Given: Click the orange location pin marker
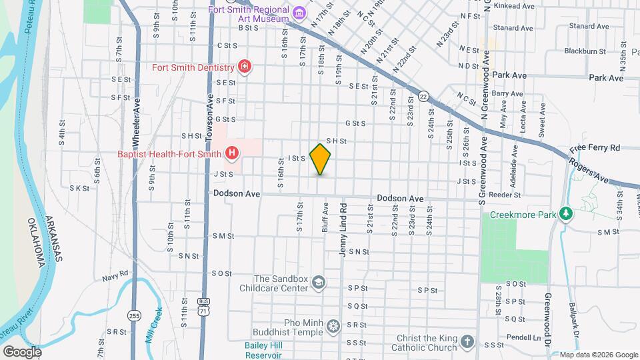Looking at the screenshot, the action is click(x=321, y=158).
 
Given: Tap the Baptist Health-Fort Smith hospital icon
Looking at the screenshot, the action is click(x=232, y=154).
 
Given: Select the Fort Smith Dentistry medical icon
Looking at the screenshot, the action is click(x=245, y=67).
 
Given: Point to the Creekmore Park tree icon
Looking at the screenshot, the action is click(x=566, y=214).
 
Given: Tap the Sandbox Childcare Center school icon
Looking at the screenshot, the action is click(x=318, y=283).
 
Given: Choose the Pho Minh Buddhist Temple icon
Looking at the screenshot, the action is click(x=332, y=326).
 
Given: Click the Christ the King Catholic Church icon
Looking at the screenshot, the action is click(x=468, y=341).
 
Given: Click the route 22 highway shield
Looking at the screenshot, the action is click(x=423, y=97).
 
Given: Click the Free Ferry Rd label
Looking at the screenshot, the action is click(x=595, y=147).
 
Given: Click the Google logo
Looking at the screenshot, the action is click(x=23, y=351).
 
